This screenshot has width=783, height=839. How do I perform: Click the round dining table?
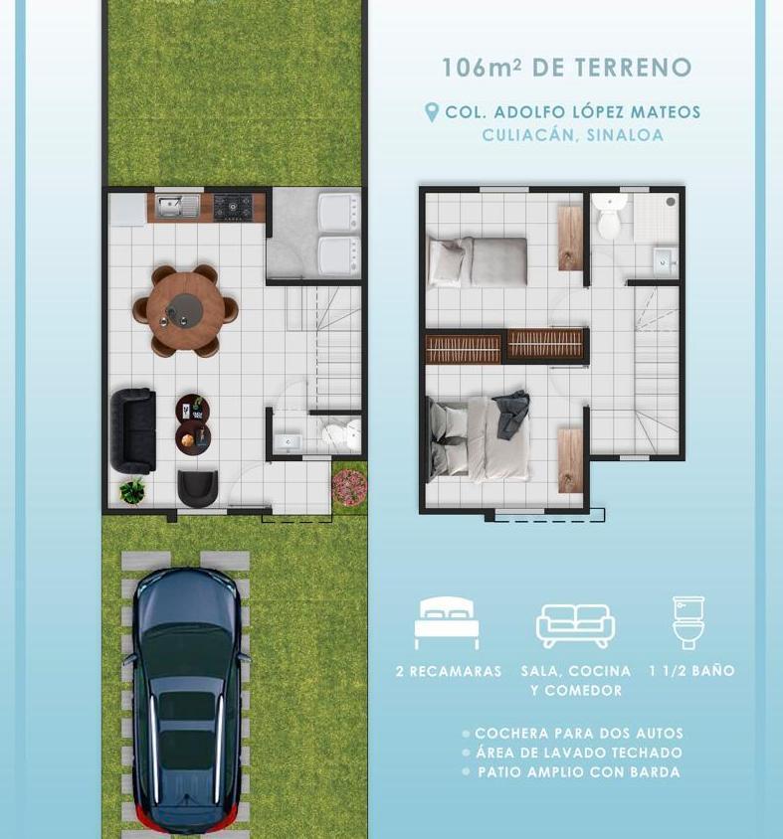(185, 310)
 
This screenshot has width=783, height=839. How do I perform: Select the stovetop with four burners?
(233, 207)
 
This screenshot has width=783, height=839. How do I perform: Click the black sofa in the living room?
(132, 429)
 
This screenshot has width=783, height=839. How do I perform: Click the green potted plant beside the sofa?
(132, 490)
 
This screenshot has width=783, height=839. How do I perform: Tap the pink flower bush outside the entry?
(349, 486)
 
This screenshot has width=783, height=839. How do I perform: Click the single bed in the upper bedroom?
(478, 261)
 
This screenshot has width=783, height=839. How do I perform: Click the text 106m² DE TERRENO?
(567, 68)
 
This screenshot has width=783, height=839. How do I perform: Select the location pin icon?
(432, 112)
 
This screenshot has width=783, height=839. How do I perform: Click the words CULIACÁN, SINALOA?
(572, 135)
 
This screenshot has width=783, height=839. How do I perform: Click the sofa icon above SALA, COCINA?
(575, 625)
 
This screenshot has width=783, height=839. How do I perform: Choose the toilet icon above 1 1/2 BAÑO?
(688, 621)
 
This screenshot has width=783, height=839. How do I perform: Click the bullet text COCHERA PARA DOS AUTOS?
(578, 734)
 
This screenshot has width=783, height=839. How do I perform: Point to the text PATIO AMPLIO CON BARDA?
(578, 772)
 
